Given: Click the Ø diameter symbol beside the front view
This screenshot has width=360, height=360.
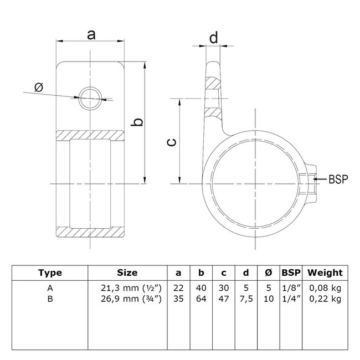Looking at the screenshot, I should coord(38,87).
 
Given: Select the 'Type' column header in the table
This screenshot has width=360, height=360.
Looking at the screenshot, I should coord(50,272).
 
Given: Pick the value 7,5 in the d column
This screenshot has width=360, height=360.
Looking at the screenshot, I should coord(244,300).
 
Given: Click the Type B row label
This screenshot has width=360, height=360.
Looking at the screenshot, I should coord(50,300).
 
